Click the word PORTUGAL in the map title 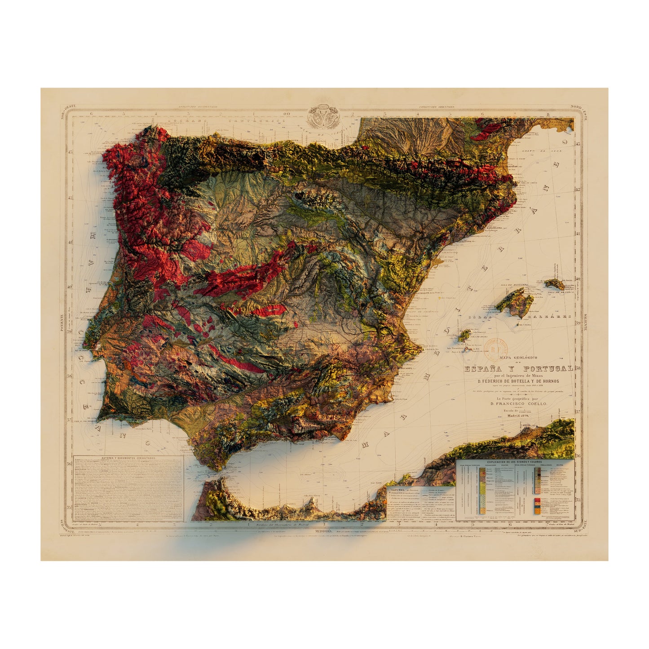[547, 369]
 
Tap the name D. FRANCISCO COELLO [522, 404]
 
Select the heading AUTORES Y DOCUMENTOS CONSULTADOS [128, 457]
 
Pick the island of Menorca [555, 284]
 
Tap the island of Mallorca [515, 302]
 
